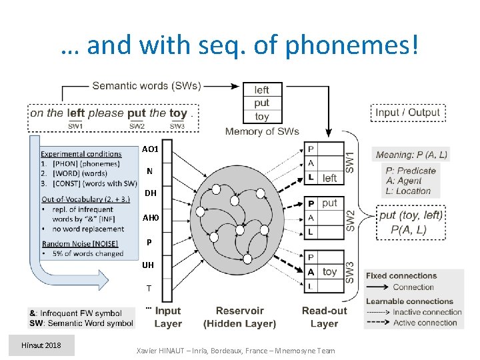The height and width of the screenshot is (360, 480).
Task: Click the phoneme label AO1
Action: click(150, 149)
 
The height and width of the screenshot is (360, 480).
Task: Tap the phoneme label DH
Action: click(150, 193)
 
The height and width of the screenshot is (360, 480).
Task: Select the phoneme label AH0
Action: click(150, 217)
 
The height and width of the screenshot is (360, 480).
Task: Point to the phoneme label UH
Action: click(148, 265)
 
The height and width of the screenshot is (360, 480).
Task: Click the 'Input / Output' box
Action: click(407, 113)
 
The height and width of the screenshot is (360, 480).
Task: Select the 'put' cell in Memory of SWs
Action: click(262, 103)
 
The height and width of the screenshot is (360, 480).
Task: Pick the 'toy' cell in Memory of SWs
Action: click(262, 116)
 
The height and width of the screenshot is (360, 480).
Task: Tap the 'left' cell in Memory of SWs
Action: click(262, 89)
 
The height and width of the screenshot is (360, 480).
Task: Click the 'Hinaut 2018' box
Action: click(41, 345)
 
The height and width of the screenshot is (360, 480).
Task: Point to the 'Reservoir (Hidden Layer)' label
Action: click(239, 317)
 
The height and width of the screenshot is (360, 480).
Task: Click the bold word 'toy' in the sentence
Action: click(178, 113)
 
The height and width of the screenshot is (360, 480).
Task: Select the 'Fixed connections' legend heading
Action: click(401, 276)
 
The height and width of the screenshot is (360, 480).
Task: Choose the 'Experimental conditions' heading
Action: click(81, 154)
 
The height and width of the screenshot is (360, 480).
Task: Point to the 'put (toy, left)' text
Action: click(410, 215)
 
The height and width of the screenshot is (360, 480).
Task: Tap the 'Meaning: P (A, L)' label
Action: click(411, 155)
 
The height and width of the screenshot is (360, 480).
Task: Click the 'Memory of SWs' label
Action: click(262, 131)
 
